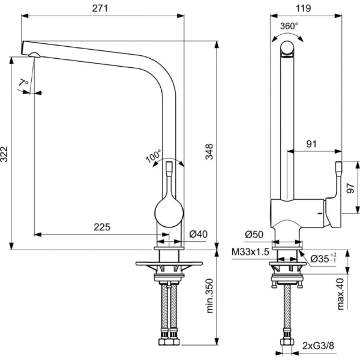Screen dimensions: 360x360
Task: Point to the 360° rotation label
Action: pos(289,26)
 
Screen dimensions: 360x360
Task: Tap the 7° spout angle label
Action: pos(24,82)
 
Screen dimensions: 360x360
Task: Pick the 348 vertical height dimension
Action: pos(208,154)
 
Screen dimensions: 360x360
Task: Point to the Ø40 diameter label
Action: pos(198,234)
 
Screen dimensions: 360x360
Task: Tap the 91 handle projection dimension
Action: pos(312,143)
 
